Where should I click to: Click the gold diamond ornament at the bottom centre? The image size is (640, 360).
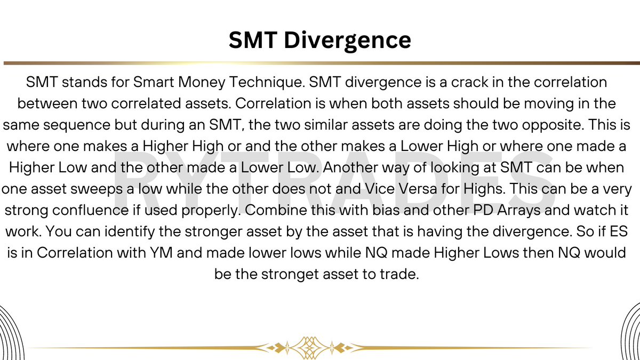(x=308, y=347)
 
